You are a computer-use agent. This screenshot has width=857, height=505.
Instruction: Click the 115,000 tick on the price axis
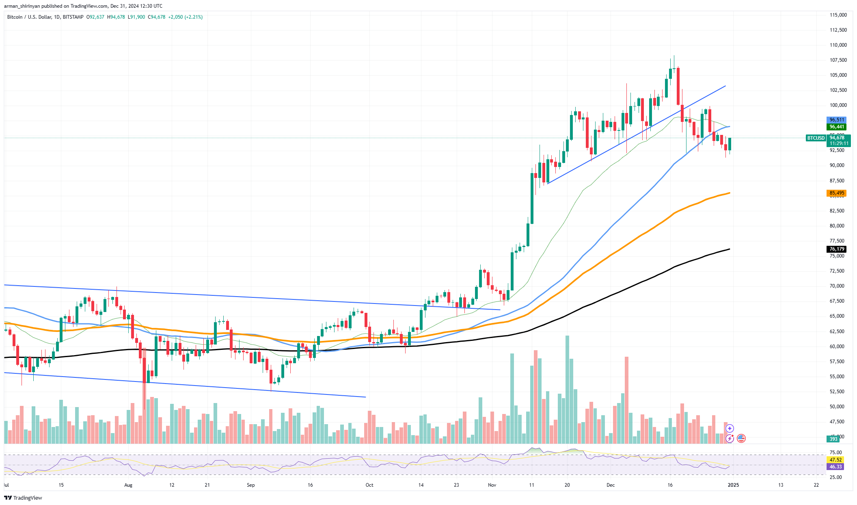coord(838,15)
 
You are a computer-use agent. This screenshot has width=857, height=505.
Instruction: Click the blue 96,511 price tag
coord(837,120)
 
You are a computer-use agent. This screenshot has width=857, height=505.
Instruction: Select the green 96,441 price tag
coord(837,127)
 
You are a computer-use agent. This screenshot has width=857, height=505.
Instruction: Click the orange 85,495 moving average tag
coord(837,193)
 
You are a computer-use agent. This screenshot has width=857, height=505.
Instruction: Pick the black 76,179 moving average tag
coord(837,249)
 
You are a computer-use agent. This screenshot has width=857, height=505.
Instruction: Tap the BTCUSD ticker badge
coord(816,138)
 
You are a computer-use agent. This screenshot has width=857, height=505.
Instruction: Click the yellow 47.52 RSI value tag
coord(835,460)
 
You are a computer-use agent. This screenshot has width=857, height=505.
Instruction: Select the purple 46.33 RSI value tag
coord(835,467)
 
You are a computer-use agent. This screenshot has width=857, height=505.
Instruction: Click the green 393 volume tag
coord(833,439)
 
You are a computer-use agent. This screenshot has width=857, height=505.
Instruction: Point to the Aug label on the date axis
coord(128,485)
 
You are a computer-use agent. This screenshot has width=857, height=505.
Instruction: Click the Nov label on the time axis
coord(492,485)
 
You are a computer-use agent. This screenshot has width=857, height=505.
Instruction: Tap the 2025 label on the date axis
coord(733,485)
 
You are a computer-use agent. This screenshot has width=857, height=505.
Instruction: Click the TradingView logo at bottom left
coord(23,498)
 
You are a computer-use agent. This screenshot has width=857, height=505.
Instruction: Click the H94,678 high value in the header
coord(116,17)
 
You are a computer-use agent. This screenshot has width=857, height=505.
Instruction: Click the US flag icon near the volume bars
coord(741,438)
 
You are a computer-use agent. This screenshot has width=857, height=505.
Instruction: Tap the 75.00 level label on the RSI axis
coord(835,453)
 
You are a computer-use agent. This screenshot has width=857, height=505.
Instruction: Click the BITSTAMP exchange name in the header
coord(73,17)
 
